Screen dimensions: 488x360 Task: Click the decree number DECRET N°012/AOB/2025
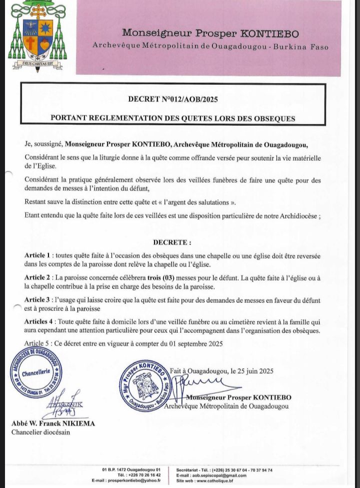[x=172, y=99]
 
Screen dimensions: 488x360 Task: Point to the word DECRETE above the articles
[x=172, y=243]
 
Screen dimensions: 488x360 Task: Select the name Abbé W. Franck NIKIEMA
[x=53, y=424]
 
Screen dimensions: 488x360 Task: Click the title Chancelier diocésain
[x=41, y=432]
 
